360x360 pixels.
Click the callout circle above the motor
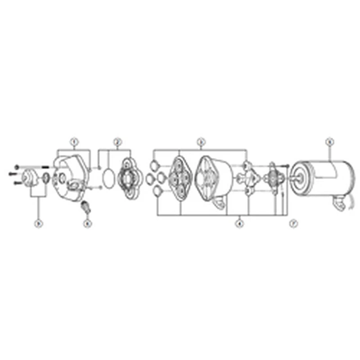[x=329, y=141]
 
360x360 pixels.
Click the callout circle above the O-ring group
[x=117, y=141]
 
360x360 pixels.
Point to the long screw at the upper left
[x=31, y=166]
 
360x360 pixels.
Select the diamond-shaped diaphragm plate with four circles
[x=180, y=178]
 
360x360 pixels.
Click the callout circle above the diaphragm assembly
[x=201, y=141]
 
